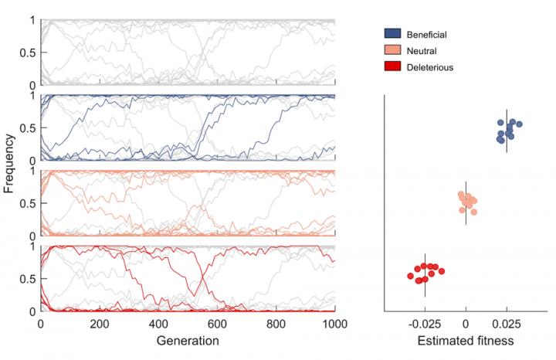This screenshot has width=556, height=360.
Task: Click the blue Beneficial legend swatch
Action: pos(395,35)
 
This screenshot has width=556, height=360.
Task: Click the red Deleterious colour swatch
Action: pos(395,67)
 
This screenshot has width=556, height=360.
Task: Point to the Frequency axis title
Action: pos(10,165)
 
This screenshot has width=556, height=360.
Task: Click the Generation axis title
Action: pos(188,340)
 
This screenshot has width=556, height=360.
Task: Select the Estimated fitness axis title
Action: pos(465,340)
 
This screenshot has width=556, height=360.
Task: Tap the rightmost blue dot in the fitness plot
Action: pos(520,124)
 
